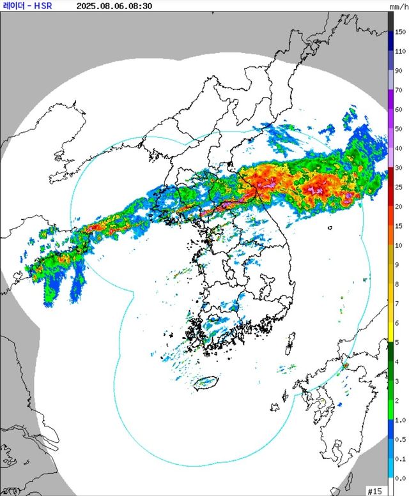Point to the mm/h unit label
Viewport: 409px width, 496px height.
point(399,6)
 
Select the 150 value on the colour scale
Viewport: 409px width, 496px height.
point(400,31)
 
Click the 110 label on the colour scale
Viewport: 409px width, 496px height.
point(400,50)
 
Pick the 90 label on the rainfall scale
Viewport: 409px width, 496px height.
point(400,70)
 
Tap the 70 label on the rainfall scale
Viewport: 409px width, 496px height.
point(400,90)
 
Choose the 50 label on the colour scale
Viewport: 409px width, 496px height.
point(400,129)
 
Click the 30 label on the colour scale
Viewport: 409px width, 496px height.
point(400,168)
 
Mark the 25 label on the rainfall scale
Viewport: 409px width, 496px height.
point(400,187)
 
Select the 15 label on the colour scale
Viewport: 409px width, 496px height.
point(400,226)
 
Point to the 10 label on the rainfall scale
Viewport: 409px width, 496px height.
point(400,245)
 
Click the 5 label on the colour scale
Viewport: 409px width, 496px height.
point(400,342)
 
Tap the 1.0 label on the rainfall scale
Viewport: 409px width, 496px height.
point(400,420)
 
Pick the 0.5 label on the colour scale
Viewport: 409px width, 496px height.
point(400,440)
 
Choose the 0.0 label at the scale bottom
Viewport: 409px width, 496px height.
point(400,478)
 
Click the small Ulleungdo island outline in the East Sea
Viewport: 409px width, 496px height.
point(330,227)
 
